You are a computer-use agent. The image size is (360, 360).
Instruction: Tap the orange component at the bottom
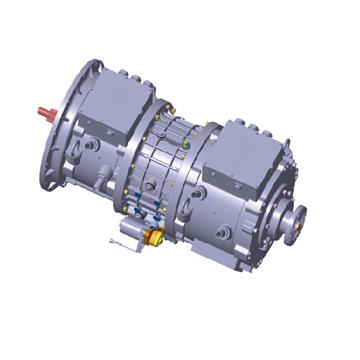pyautogui.click(x=155, y=237)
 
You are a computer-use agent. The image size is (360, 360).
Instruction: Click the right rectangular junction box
pyautogui.click(x=244, y=155)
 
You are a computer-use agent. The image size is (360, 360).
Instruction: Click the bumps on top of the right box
pyautogui.click(x=255, y=125)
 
